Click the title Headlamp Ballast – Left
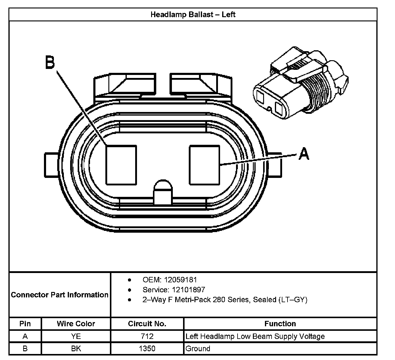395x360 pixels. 193,14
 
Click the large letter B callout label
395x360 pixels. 50,62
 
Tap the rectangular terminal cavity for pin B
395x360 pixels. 121,165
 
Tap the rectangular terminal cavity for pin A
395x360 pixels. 204,165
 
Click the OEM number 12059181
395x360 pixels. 180,280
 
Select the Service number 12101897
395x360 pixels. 188,290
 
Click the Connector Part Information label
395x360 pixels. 60,295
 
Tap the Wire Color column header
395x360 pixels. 76,324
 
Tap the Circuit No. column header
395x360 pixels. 147,324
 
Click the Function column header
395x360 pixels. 280,324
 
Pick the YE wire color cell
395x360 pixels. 76,336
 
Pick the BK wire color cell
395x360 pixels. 76,349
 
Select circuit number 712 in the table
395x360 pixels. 147,336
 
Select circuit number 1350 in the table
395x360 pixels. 147,349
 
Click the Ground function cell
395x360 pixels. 198,349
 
